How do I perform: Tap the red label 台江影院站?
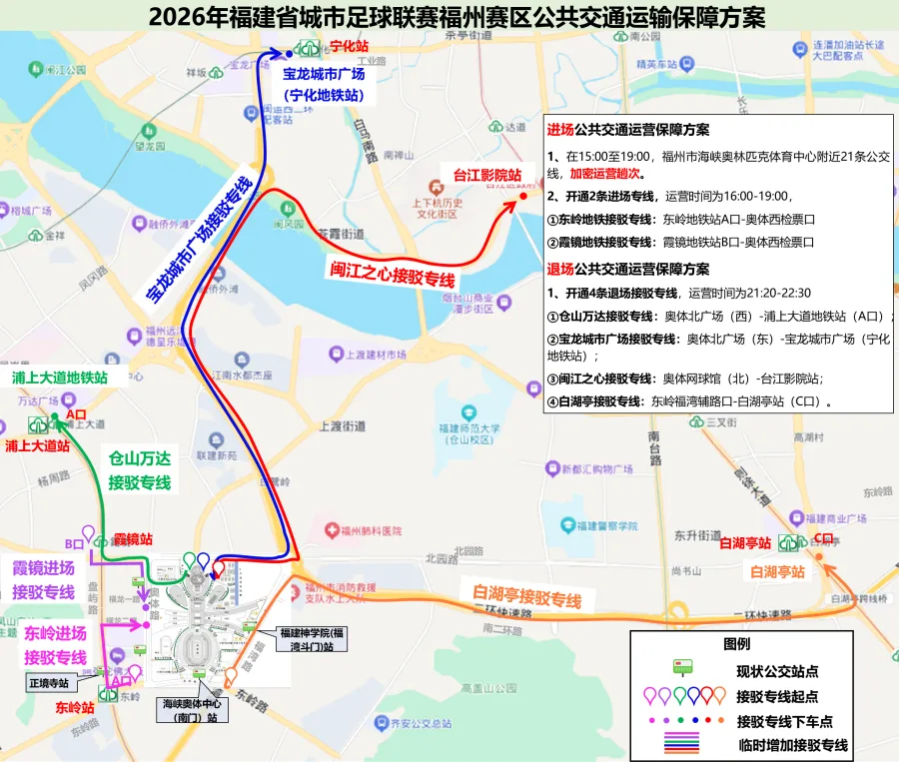click(x=487, y=176)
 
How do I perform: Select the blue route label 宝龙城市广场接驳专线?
click(x=198, y=238)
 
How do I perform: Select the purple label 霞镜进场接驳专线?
click(x=44, y=580)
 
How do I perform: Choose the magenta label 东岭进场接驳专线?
click(x=55, y=645)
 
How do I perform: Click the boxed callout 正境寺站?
click(x=49, y=684)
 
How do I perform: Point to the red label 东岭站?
click(x=75, y=707)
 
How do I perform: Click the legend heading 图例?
click(x=736, y=644)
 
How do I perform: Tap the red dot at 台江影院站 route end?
click(x=522, y=197)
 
